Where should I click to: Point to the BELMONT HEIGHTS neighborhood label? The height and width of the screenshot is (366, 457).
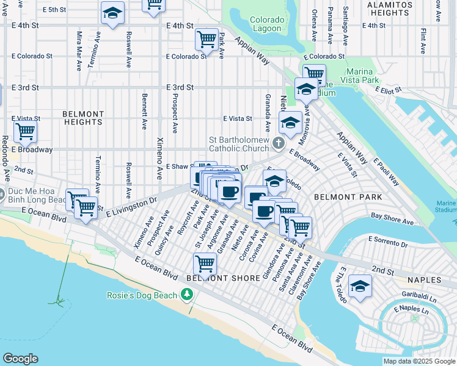82,118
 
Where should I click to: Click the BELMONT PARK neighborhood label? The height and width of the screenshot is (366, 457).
348,197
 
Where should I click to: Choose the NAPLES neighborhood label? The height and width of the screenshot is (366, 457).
423,280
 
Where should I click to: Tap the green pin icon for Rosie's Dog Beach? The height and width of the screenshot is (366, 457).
186,296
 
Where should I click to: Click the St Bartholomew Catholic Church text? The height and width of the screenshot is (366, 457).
239,144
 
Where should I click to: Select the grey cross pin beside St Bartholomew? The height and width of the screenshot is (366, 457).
279,144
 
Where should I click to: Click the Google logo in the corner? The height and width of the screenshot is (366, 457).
20,359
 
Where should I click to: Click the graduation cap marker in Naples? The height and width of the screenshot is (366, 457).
360,287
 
